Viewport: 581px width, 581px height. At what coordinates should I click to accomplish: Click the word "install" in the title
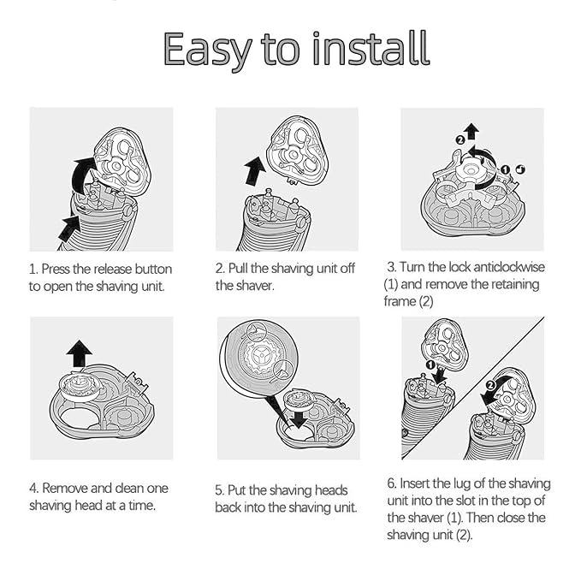(x=371, y=48)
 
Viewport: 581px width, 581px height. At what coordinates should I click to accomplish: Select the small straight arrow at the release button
(x=70, y=228)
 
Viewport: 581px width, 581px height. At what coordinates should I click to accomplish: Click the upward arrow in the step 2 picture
(x=254, y=171)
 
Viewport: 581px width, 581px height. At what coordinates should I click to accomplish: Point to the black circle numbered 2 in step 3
(x=459, y=140)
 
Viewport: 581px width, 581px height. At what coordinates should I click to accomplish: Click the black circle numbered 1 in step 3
(x=505, y=169)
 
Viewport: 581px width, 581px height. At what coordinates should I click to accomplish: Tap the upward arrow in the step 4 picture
(x=80, y=354)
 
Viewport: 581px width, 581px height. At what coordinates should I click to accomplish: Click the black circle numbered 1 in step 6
(x=430, y=365)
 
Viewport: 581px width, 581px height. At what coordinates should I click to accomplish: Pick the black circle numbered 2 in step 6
(x=490, y=385)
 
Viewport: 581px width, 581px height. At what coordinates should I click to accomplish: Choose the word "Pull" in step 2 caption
(x=238, y=269)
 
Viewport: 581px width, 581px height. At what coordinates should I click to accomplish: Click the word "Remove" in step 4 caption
(x=65, y=489)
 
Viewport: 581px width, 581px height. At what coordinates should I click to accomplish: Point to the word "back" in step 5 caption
(x=228, y=507)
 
